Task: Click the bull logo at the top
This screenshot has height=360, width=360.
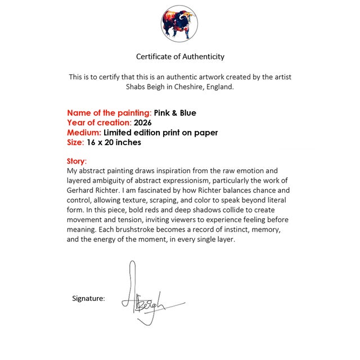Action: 179,24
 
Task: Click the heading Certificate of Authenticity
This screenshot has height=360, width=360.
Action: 180,56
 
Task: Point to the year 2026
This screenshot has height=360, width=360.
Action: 143,123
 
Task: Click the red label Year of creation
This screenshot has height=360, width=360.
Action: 98,123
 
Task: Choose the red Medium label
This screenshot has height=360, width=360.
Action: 84,133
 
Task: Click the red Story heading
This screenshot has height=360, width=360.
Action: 76,161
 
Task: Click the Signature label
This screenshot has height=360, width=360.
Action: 88,298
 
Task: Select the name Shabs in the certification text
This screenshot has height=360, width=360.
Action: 136,87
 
